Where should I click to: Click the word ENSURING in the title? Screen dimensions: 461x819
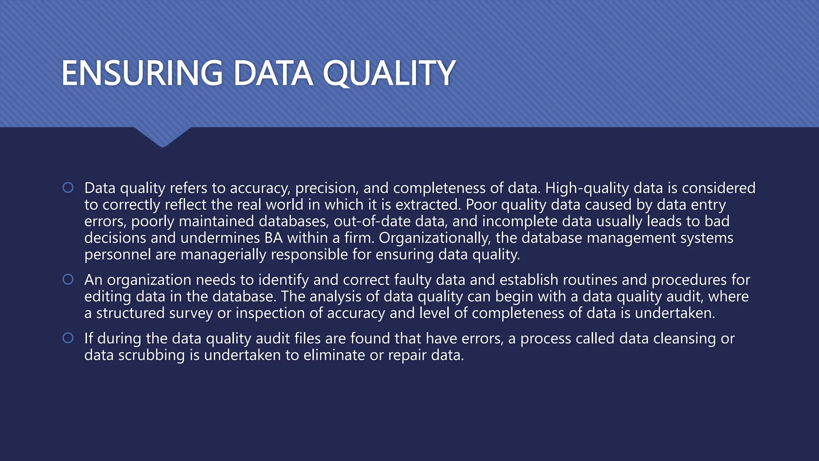coord(142,73)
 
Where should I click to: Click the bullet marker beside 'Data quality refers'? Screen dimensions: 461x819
coord(68,188)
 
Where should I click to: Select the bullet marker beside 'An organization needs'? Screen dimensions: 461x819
coord(68,279)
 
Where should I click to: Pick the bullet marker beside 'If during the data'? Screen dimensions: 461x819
coord(68,338)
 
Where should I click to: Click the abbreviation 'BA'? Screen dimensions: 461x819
coord(274,238)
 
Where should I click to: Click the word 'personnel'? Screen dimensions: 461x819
coord(118,255)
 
